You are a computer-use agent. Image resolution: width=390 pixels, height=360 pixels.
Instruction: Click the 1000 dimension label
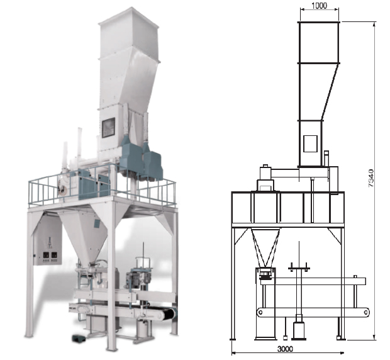(319, 6)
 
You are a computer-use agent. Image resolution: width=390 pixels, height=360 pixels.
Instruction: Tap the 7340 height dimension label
(370, 178)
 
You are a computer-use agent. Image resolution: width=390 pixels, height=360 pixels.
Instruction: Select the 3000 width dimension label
(285, 349)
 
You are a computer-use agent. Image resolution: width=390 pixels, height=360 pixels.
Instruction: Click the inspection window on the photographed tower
(108, 128)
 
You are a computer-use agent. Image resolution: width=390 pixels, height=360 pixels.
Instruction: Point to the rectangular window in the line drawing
(310, 143)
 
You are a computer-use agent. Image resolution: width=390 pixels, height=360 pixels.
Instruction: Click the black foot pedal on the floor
(78, 337)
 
